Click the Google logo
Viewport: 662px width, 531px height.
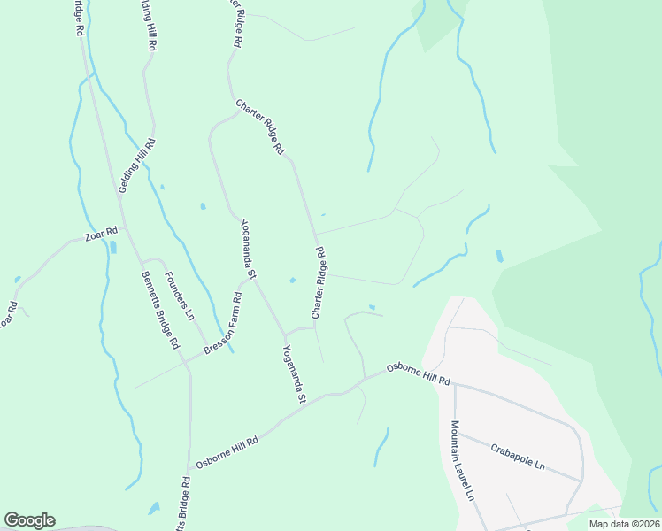pyautogui.click(x=29, y=520)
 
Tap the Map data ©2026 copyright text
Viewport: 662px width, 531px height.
pyautogui.click(x=623, y=524)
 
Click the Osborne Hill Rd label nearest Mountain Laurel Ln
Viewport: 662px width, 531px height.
pyautogui.click(x=419, y=373)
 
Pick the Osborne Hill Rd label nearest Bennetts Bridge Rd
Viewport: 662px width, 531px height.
pyautogui.click(x=227, y=453)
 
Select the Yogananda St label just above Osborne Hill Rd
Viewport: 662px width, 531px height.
pyautogui.click(x=293, y=376)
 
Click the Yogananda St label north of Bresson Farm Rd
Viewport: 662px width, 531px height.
pyautogui.click(x=247, y=250)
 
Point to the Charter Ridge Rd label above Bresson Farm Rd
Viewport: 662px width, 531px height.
pyautogui.click(x=319, y=282)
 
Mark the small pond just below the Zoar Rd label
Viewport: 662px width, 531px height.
pyautogui.click(x=112, y=246)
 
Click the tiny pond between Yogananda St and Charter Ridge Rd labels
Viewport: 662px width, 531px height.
pyautogui.click(x=292, y=281)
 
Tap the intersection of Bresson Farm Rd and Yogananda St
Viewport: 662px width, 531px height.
pyautogui.click(x=284, y=336)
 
